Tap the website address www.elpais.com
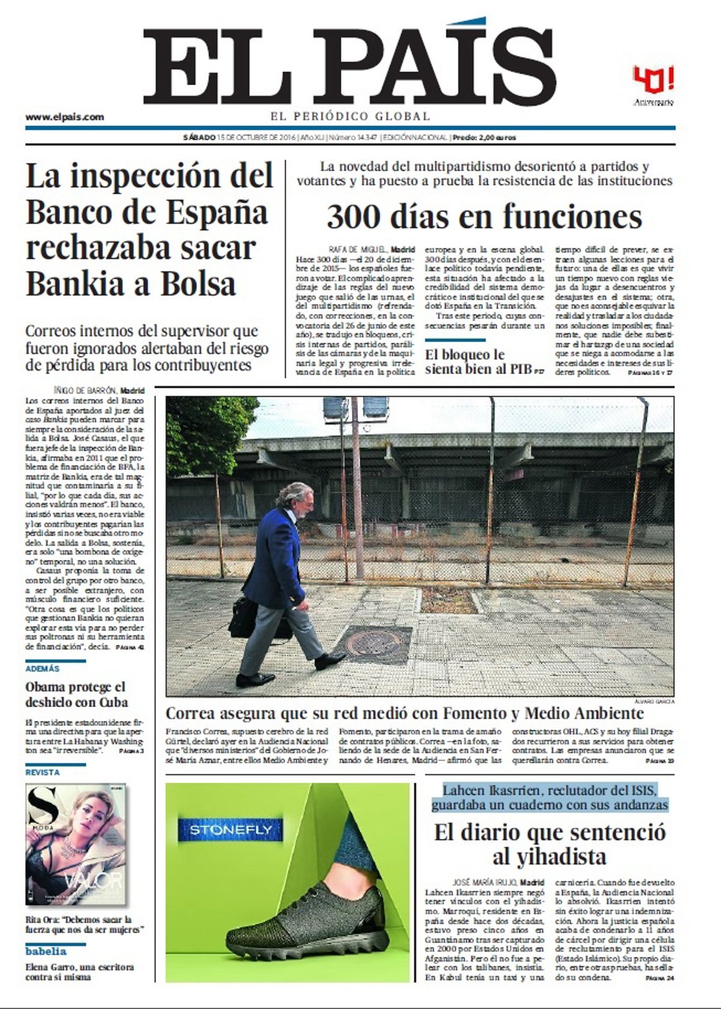tap(64, 117)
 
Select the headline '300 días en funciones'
tap(484, 217)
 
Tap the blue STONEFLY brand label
tap(230, 830)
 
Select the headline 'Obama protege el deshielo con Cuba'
tap(76, 694)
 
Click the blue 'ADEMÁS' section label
tap(43, 669)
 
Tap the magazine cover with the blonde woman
tap(76, 843)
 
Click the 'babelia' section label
tap(46, 951)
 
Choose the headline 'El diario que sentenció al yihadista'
tap(549, 844)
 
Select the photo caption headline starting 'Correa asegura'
tap(404, 713)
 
